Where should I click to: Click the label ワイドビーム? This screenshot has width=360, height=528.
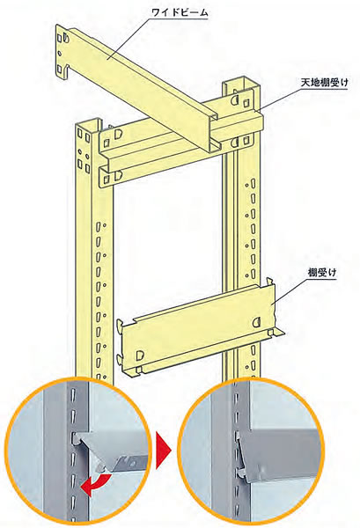pyautogui.click(x=180, y=13)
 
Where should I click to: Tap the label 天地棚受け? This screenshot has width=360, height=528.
pyautogui.click(x=325, y=83)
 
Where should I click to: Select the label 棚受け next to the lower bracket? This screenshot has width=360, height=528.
pyautogui.click(x=322, y=273)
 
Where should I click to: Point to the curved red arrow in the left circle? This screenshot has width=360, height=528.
pyautogui.click(x=98, y=483)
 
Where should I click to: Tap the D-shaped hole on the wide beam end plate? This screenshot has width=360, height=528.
pyautogui.click(x=66, y=37)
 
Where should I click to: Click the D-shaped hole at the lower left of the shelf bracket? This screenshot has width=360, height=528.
pyautogui.click(x=140, y=355)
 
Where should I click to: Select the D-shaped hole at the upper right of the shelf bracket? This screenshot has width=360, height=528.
pyautogui.click(x=257, y=322)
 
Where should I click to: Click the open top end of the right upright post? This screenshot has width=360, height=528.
pyautogui.click(x=241, y=82)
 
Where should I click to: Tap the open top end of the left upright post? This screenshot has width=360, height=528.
pyautogui.click(x=88, y=122)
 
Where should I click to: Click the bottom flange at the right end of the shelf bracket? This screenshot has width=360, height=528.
pyautogui.click(x=276, y=334)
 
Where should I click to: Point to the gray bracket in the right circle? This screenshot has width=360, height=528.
pyautogui.click(x=276, y=451)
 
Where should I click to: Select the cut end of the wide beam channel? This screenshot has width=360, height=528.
pyautogui.click(x=213, y=134)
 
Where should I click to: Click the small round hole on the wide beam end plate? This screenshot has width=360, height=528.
pyautogui.click(x=60, y=53)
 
